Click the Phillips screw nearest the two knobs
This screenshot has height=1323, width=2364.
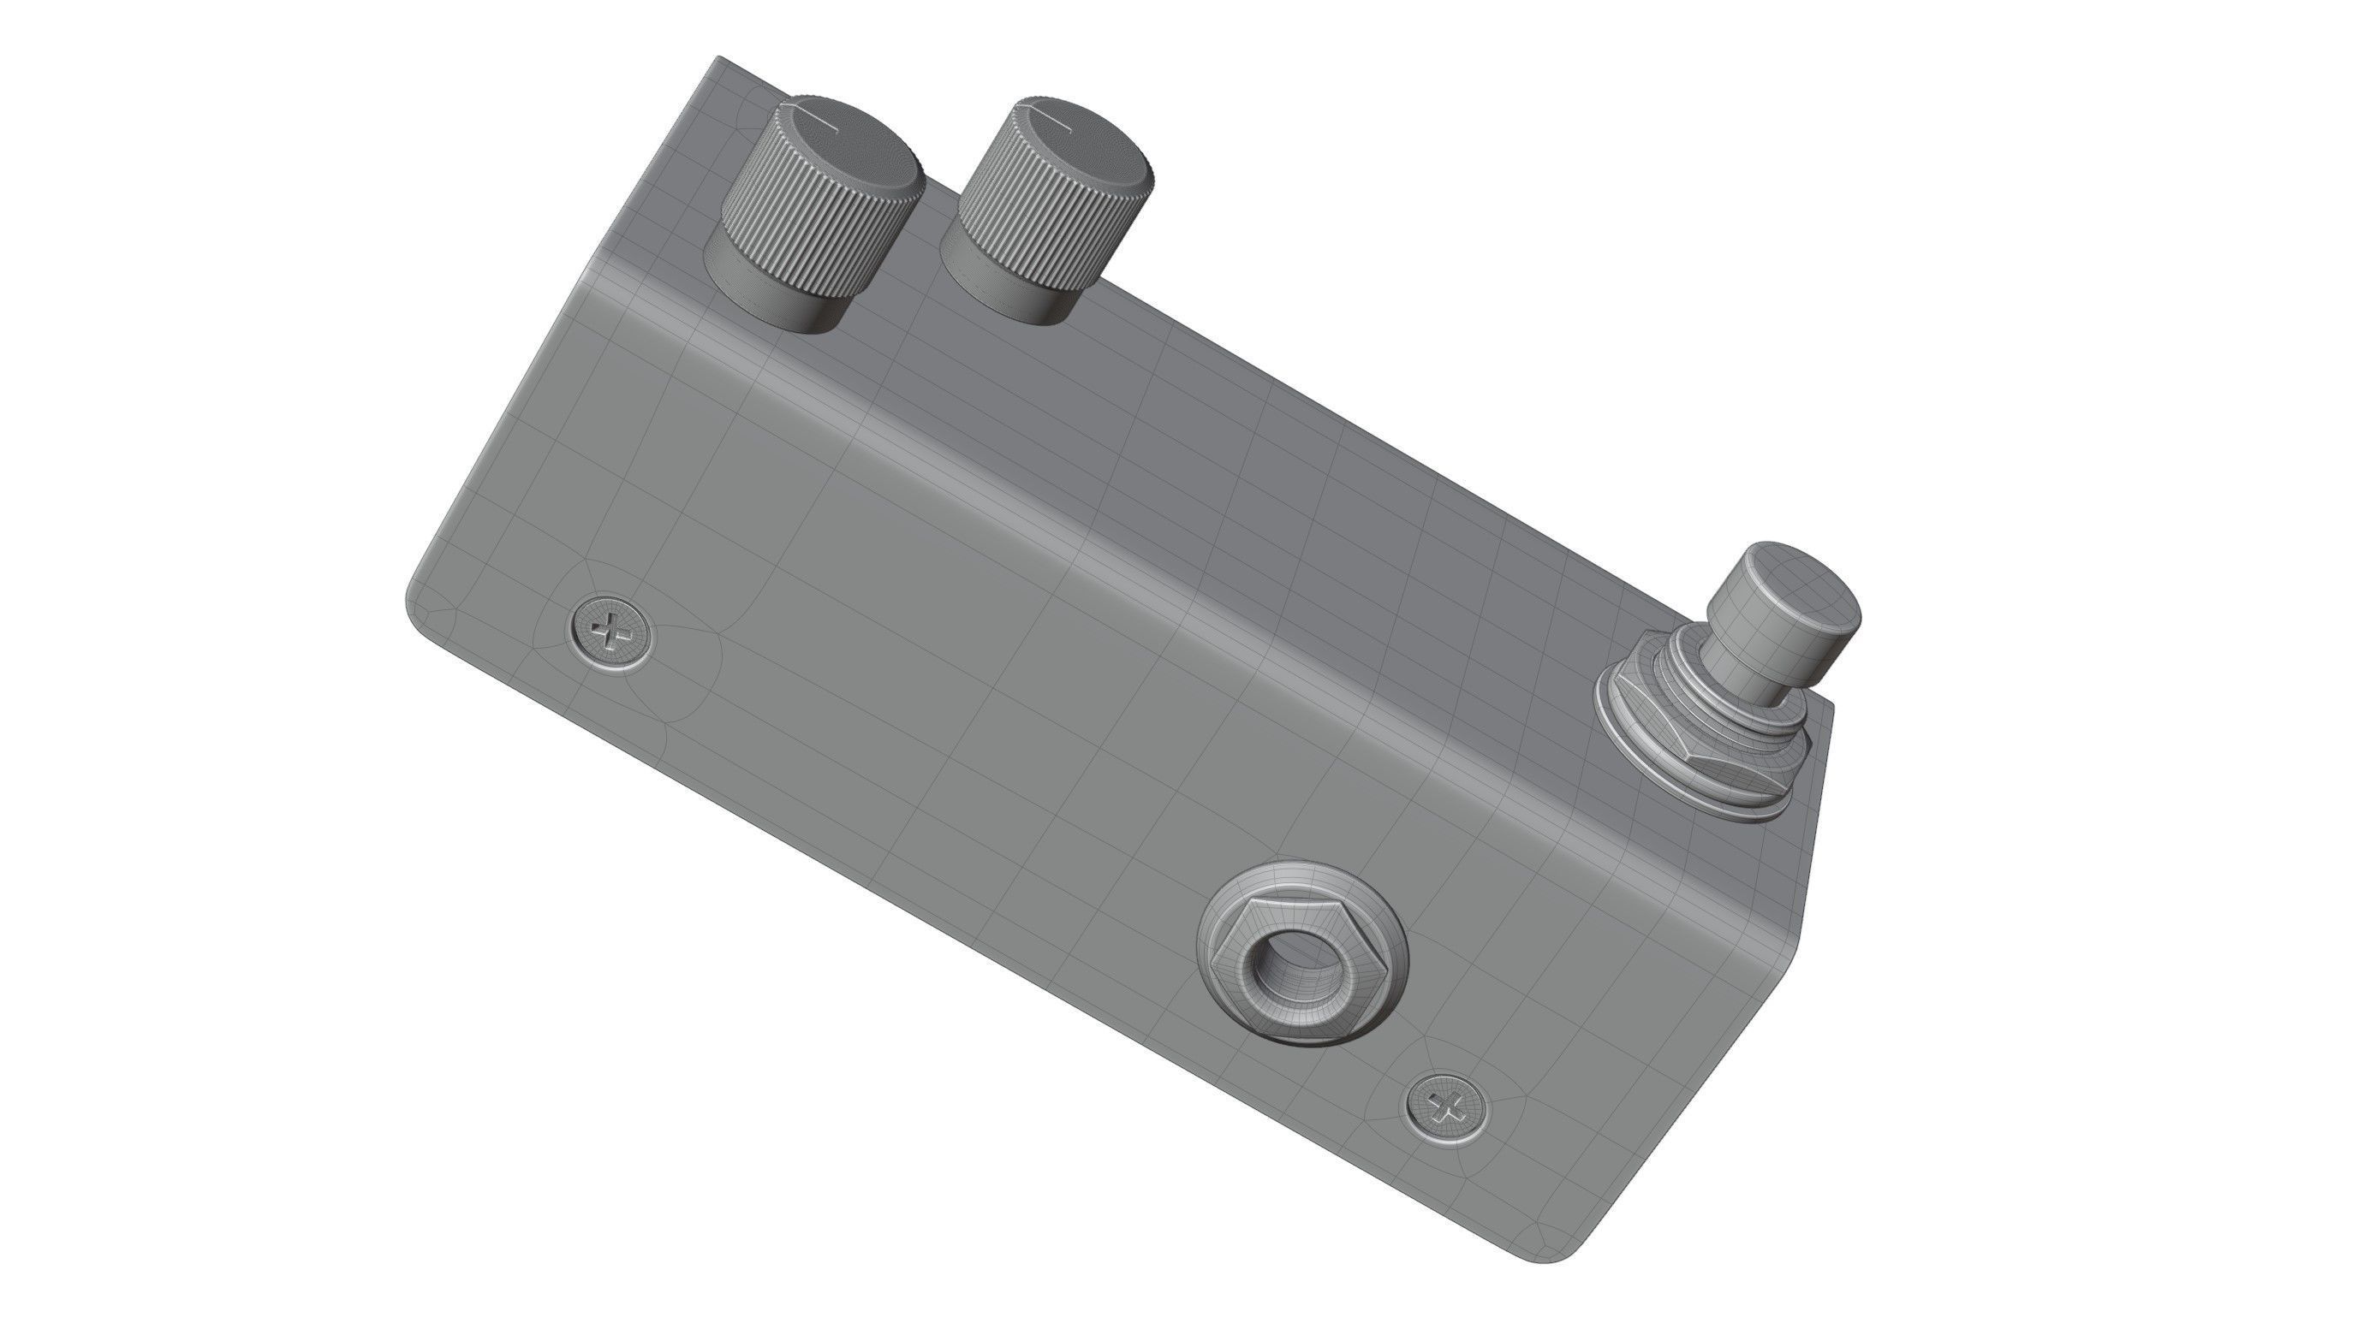click(x=611, y=632)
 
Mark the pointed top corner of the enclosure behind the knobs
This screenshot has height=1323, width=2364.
click(x=721, y=59)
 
